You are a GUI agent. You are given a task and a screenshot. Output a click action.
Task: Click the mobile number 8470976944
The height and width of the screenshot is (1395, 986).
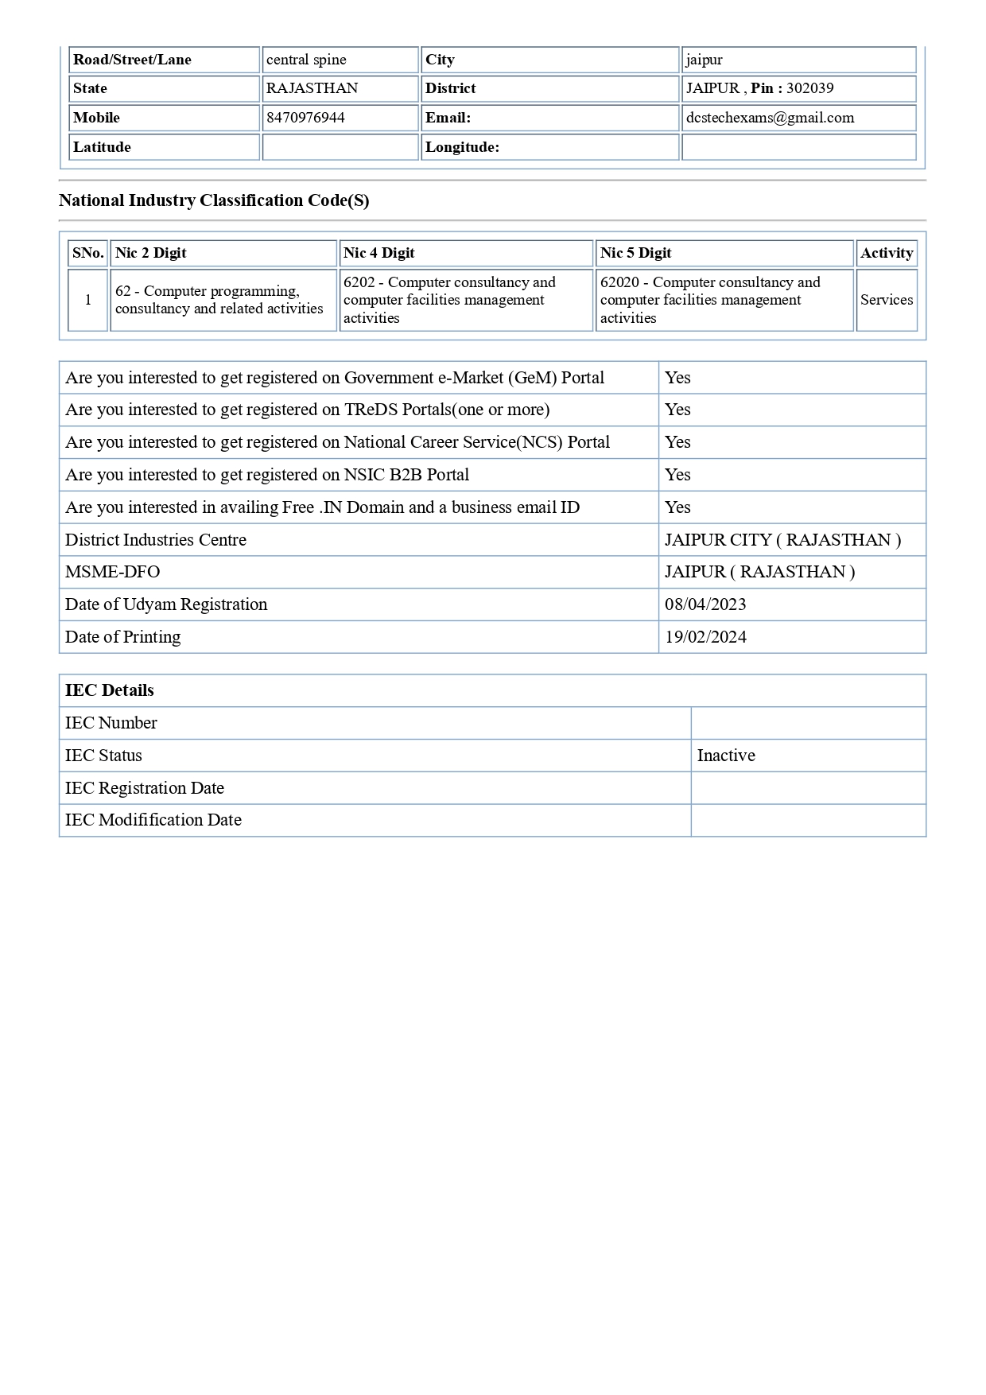(x=305, y=118)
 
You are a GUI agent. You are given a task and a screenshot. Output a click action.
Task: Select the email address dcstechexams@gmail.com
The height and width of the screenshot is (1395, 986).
(x=770, y=118)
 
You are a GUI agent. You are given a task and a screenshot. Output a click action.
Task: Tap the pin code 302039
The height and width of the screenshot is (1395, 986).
(x=809, y=88)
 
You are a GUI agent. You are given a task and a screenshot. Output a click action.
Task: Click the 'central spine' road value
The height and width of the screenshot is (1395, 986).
(x=306, y=60)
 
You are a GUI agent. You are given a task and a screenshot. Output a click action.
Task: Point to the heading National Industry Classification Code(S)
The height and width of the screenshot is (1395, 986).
(x=214, y=200)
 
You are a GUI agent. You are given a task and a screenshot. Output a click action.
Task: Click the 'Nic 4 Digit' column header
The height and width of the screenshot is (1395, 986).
(x=379, y=253)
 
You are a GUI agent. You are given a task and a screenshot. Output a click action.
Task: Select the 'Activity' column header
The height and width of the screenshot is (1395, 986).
(x=886, y=253)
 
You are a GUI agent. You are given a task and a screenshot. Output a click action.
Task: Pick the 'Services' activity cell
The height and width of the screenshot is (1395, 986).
(x=886, y=300)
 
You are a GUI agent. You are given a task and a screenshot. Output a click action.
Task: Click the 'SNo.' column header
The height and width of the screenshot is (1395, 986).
(x=87, y=253)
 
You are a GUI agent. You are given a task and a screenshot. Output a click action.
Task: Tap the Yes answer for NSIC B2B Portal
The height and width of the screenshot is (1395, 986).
(x=677, y=475)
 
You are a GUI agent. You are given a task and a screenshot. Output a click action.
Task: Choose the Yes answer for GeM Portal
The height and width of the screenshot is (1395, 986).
(x=677, y=378)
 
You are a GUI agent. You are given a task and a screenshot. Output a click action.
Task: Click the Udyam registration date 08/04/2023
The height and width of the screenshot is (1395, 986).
(x=705, y=604)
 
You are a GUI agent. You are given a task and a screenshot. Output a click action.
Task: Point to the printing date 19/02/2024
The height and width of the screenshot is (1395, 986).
(x=705, y=637)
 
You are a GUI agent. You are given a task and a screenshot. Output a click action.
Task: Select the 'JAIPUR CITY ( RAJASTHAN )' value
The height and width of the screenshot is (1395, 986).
(x=782, y=540)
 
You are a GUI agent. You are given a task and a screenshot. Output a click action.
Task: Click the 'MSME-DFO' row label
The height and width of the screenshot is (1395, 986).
(x=112, y=572)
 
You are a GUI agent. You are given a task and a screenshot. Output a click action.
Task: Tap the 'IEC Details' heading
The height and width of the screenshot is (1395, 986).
(x=110, y=690)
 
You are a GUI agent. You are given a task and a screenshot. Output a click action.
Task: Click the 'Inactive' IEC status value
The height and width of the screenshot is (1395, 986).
(x=726, y=756)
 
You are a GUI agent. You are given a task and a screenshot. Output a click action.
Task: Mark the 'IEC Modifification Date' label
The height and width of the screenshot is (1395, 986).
(x=153, y=820)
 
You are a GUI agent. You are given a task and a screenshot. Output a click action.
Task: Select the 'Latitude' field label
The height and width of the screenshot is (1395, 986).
(x=102, y=147)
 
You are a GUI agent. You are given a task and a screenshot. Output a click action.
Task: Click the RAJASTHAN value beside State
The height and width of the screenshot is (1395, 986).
(x=312, y=88)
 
